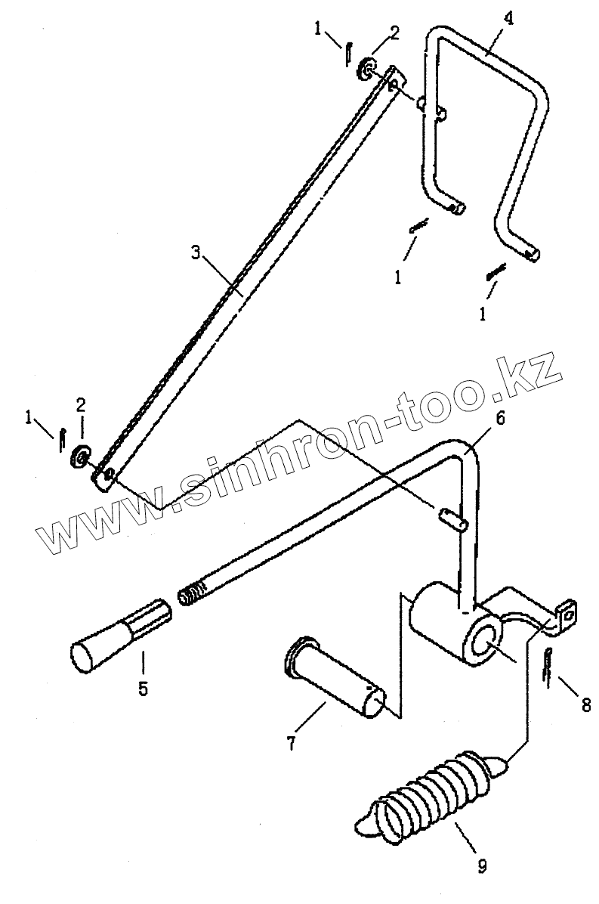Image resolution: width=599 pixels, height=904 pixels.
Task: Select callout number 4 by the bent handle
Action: point(508,19)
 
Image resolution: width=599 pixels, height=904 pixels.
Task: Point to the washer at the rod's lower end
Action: point(79,457)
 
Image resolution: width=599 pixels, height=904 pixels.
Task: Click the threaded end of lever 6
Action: point(193,590)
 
